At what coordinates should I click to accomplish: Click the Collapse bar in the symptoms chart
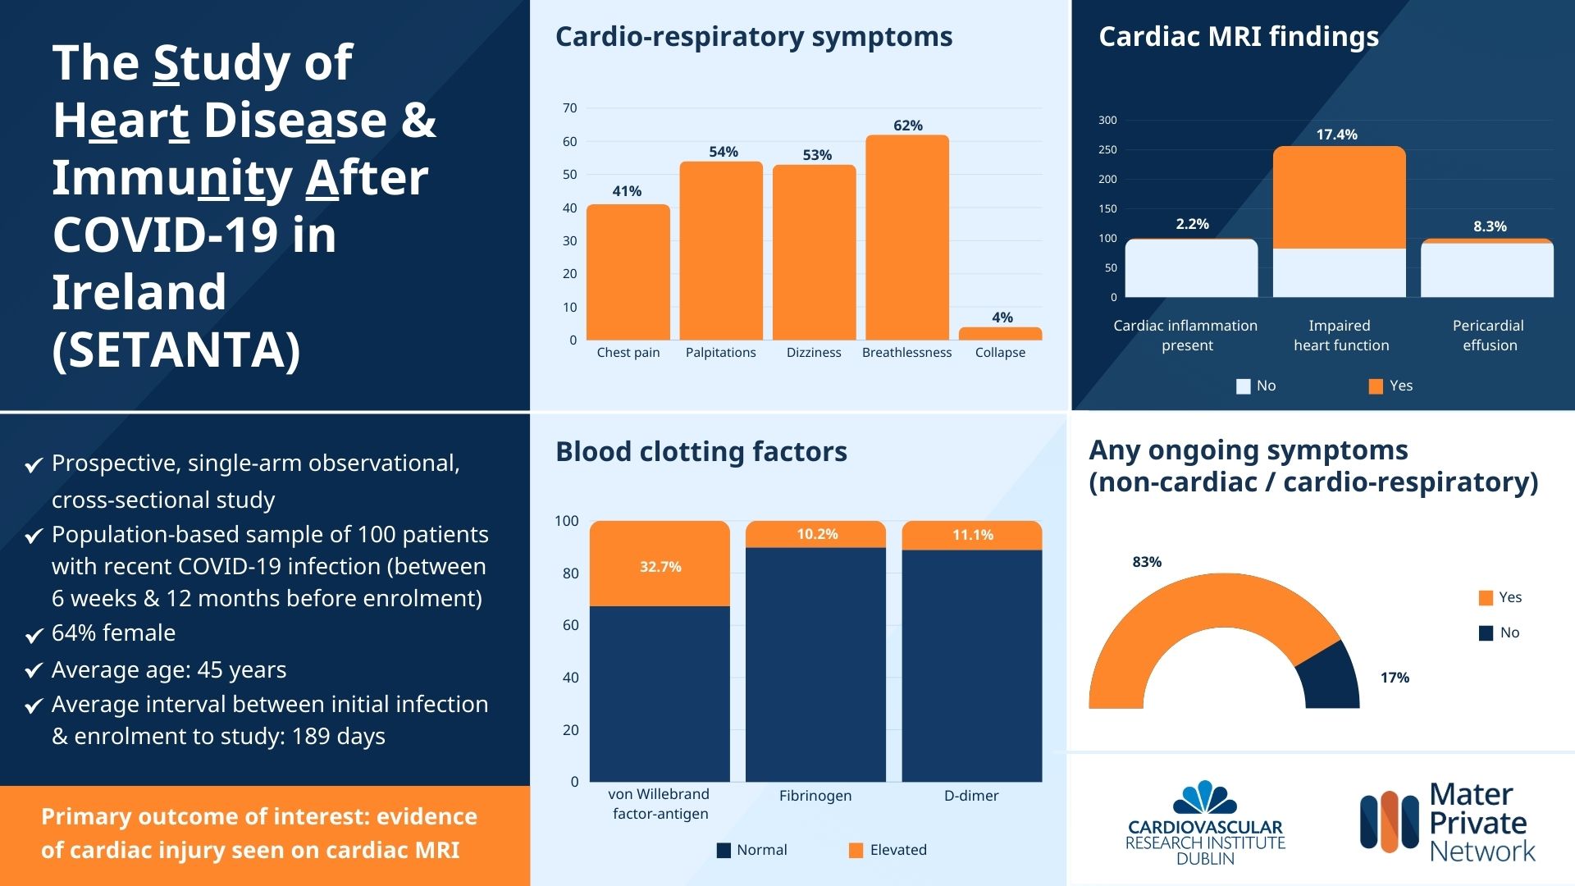(1000, 334)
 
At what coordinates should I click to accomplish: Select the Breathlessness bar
(907, 238)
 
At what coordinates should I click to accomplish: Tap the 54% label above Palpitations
(724, 152)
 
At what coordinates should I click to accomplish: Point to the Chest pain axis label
(628, 353)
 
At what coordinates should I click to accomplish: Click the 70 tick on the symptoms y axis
(570, 108)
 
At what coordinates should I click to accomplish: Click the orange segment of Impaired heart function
(1339, 197)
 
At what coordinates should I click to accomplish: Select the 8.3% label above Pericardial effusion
(1490, 226)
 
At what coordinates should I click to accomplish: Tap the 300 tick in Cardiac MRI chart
(1107, 121)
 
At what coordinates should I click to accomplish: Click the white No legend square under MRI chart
(1243, 386)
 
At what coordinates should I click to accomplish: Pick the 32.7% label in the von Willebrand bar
(660, 567)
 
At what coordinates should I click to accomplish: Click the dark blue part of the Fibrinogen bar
(815, 664)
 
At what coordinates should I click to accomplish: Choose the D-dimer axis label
(971, 796)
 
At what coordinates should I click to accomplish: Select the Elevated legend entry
(888, 850)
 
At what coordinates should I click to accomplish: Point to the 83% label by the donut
(1147, 562)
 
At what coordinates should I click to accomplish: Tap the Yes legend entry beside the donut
(1500, 597)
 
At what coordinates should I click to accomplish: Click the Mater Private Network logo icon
(1389, 821)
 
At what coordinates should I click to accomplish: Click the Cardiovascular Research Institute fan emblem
(1205, 797)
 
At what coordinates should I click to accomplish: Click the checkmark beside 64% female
(34, 635)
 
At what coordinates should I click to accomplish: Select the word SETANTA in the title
(176, 350)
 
